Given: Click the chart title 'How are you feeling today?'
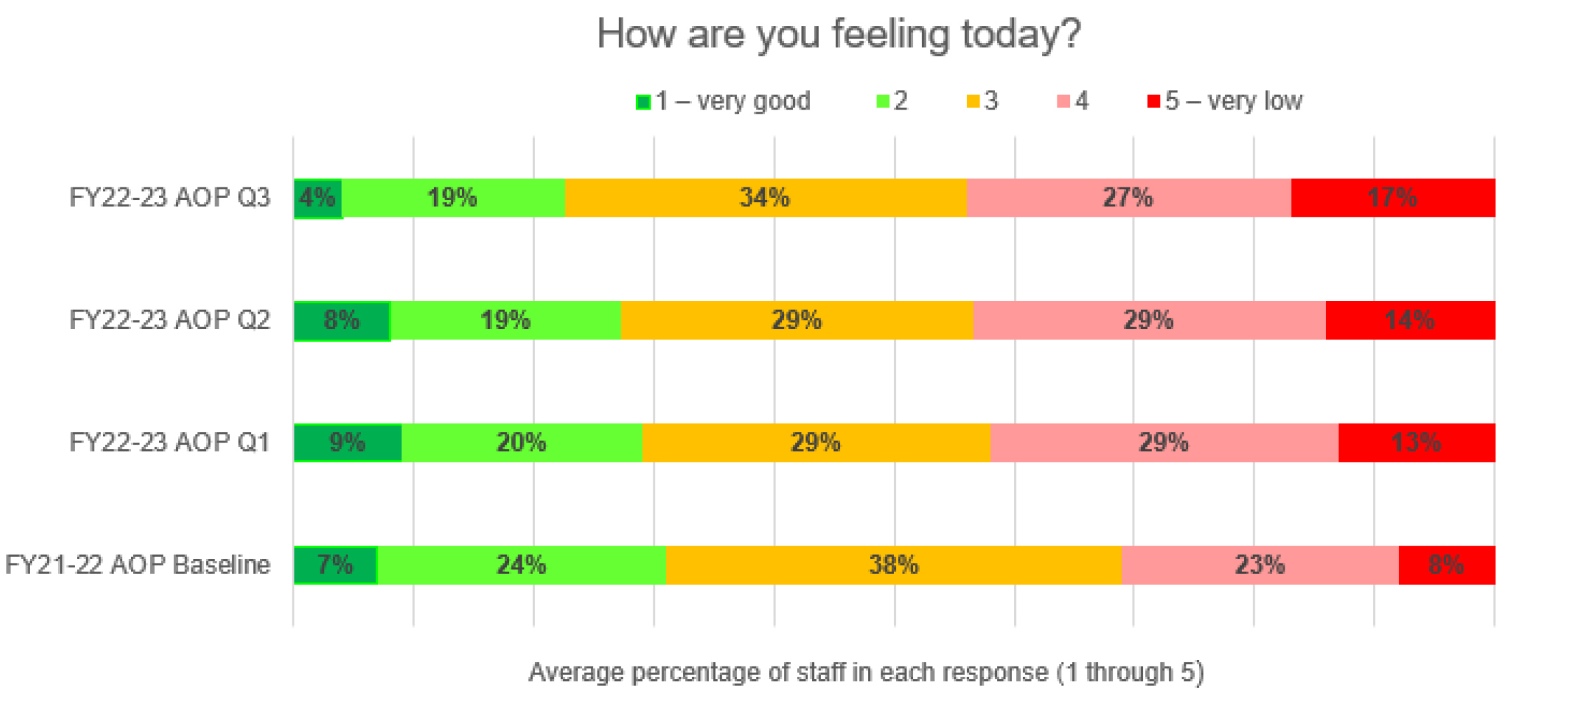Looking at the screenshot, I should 839,35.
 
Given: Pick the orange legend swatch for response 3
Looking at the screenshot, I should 973,102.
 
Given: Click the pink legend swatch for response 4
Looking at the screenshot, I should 1063,102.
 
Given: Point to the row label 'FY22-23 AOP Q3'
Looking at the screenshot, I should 169,198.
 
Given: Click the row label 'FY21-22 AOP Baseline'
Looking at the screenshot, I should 138,565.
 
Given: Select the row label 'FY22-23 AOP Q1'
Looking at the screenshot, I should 169,443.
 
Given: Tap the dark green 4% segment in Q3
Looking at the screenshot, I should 318,198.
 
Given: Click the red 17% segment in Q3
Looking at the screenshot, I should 1393,198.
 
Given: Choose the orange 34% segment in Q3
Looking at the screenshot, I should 765,198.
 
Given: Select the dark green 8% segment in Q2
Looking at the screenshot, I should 342,320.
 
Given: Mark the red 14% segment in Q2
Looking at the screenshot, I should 1410,320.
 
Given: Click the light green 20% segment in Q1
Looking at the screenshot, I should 522,443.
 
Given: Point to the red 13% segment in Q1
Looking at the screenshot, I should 1416,443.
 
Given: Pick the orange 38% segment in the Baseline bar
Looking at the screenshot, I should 893,565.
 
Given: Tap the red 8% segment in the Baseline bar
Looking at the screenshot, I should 1446,565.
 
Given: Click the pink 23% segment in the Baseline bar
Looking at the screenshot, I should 1259,565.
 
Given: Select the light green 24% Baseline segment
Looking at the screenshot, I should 522,565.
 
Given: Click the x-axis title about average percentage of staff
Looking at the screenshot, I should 865,672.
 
